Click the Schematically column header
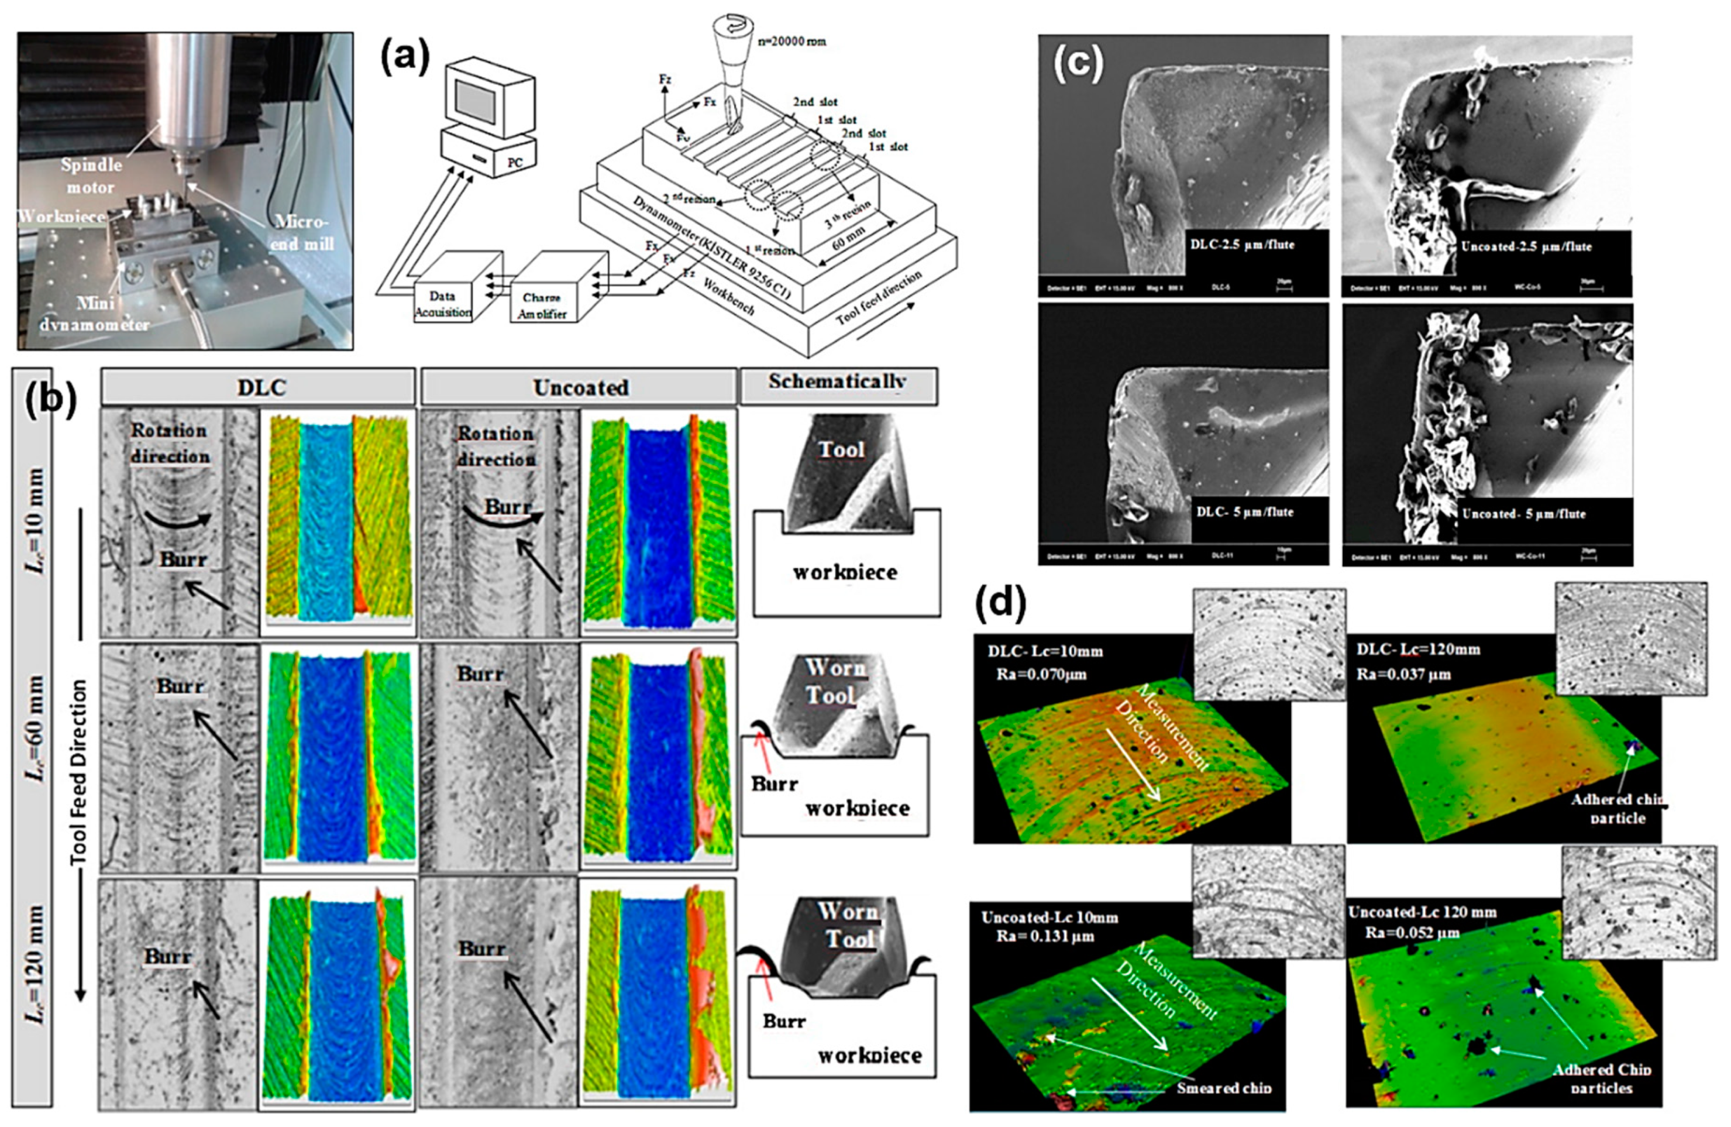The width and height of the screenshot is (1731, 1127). pos(837,382)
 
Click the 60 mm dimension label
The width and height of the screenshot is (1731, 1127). pos(849,238)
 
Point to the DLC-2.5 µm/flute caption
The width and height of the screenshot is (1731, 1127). pos(1241,245)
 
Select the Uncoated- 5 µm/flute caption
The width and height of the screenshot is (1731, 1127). pos(1523,514)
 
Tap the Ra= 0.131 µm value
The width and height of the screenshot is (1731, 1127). pos(1044,936)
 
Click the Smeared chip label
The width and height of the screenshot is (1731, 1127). pos(1223,1088)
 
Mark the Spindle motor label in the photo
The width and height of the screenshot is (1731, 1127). pos(91,176)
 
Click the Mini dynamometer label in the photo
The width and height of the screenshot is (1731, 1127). pos(95,314)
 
